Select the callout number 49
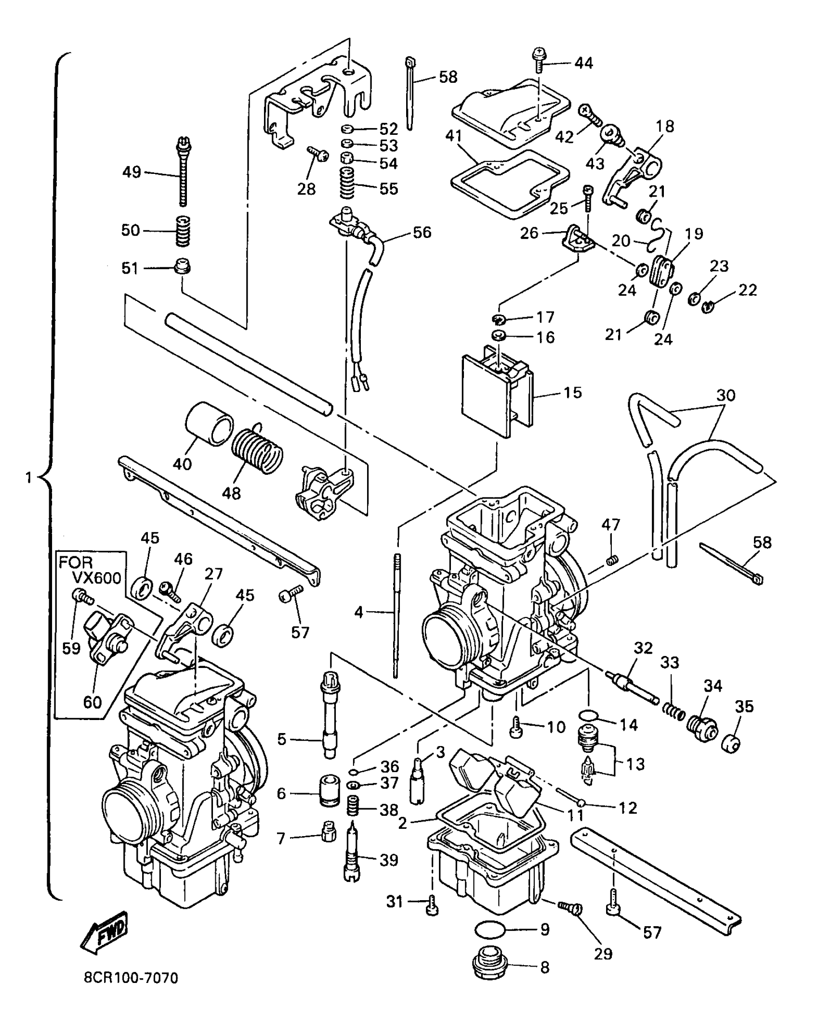(132, 172)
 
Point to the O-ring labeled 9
(490, 929)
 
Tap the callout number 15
(572, 393)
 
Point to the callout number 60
(92, 702)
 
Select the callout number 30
(726, 395)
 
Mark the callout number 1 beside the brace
(28, 477)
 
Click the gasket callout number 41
(454, 136)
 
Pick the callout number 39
(389, 860)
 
